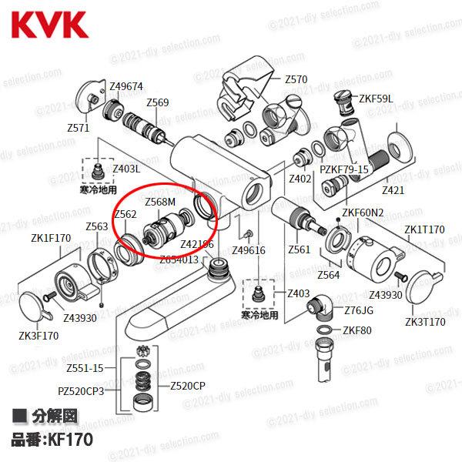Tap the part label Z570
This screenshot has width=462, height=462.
[x=296, y=79]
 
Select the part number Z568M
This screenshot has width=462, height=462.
[x=161, y=202]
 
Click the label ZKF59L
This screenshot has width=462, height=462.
[x=377, y=99]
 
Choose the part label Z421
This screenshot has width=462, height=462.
[x=393, y=189]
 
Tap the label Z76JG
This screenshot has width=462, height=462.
[x=358, y=311]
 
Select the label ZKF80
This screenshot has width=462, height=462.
[x=357, y=330]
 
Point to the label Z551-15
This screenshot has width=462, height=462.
[x=85, y=368]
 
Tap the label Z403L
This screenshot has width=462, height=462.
[x=126, y=168]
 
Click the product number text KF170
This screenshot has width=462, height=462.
[x=70, y=440]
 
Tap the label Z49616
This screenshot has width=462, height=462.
[x=248, y=250]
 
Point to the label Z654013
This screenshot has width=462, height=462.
[x=179, y=259]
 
